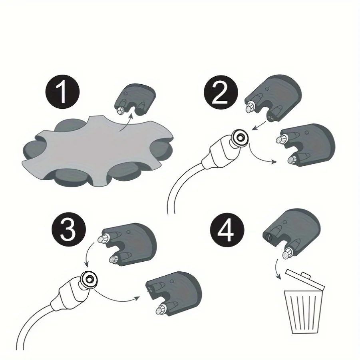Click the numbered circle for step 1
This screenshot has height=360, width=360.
tap(62, 92)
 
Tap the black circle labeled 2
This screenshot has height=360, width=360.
tap(221, 92)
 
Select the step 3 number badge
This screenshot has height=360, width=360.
tap(69, 230)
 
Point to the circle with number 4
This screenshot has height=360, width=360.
tap(227, 230)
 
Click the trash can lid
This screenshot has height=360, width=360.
tap(305, 280)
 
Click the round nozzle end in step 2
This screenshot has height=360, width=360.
tap(240, 138)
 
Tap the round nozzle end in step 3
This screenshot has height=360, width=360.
tap(89, 280)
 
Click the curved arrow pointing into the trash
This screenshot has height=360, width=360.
tap(276, 269)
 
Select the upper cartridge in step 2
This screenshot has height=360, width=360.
tap(273, 98)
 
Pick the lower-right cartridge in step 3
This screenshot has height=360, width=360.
tap(173, 293)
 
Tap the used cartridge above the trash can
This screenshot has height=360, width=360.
tap(291, 233)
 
